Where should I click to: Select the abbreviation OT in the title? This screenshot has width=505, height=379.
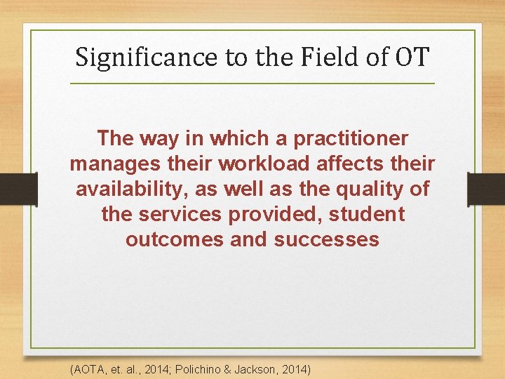tap(411, 56)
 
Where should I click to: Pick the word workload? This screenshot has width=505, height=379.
tap(263, 164)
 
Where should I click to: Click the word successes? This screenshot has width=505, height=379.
tap(326, 239)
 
